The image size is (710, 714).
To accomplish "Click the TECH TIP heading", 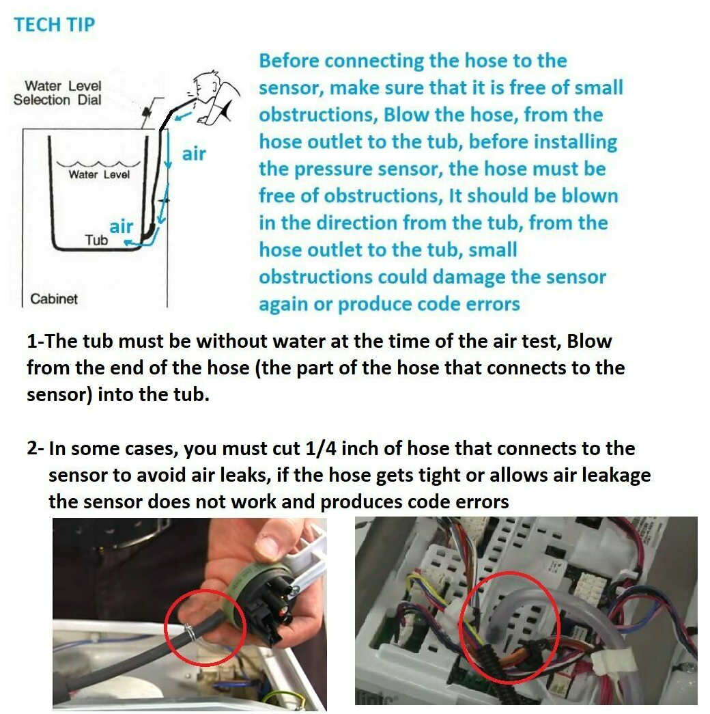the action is [54, 25].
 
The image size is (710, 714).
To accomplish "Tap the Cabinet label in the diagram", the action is [54, 299].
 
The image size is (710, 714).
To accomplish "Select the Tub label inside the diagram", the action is [96, 240].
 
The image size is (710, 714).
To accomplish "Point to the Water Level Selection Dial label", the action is [57, 93].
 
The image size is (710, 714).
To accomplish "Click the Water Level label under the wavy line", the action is [99, 174].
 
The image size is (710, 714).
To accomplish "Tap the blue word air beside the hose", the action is [194, 154].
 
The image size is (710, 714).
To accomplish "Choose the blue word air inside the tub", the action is [121, 226].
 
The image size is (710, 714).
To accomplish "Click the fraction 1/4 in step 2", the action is [320, 448].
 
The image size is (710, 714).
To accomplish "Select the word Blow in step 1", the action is [589, 341].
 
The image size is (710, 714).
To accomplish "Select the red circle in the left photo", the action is [205, 590].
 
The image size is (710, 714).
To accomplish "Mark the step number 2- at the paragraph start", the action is [35, 448].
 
